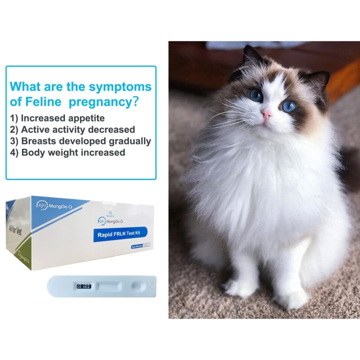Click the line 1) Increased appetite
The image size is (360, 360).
pyautogui.click(x=57, y=118)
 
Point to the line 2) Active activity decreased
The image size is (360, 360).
pyautogui.click(x=72, y=129)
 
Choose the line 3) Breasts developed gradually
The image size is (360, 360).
pyautogui.click(x=80, y=141)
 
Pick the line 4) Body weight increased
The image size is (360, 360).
pyautogui.click(x=67, y=152)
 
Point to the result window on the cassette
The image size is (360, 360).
pyautogui.click(x=108, y=286)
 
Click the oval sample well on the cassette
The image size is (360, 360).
pyautogui.click(x=137, y=286)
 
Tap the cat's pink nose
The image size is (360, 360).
pyautogui.click(x=267, y=114)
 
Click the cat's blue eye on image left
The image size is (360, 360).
pyautogui.click(x=256, y=94)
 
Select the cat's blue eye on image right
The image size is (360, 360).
pyautogui.click(x=289, y=105)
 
